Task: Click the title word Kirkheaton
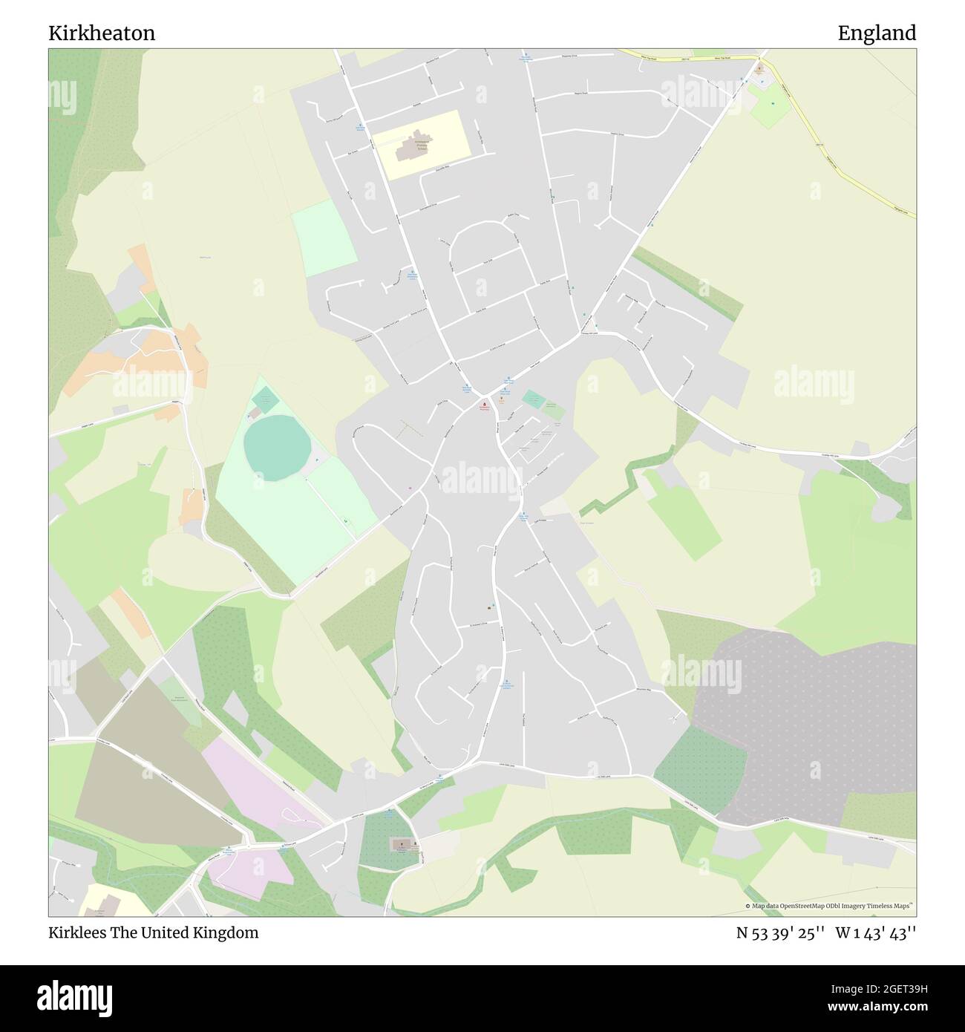[x=102, y=33]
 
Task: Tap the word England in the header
[x=877, y=33]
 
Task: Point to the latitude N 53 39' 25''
[x=779, y=933]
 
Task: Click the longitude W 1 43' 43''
[x=875, y=933]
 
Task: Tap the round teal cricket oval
[x=277, y=445]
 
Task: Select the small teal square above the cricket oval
[x=265, y=400]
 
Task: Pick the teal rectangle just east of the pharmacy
[x=533, y=399]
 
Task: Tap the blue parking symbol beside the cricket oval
[x=318, y=461]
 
